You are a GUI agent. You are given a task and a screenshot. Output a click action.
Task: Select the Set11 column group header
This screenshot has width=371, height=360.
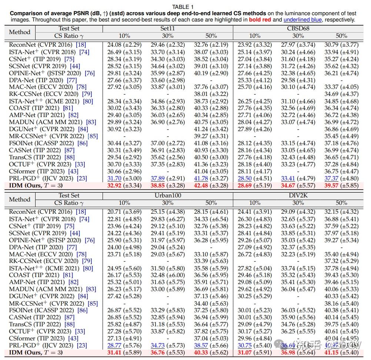[x=167, y=29]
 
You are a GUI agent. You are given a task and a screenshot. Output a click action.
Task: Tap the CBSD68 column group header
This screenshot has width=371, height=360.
[x=298, y=29]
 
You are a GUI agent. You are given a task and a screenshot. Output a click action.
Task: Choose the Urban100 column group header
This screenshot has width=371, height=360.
[x=167, y=196]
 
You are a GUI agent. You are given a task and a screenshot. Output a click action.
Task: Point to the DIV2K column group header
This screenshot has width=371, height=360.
[x=298, y=196]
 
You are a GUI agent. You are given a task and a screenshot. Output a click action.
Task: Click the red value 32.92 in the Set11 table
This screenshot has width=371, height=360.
[x=114, y=185]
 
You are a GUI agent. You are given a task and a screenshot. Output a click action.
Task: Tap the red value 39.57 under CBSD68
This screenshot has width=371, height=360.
[x=332, y=185]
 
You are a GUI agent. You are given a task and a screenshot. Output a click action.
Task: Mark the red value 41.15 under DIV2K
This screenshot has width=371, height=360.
[x=332, y=352]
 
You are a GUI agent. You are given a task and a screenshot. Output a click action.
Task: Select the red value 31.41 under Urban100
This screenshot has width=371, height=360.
[x=114, y=352]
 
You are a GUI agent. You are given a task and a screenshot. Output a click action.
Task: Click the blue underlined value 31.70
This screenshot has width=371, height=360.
[x=114, y=178]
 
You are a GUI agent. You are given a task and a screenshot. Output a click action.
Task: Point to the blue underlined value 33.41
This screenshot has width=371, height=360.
[x=288, y=178]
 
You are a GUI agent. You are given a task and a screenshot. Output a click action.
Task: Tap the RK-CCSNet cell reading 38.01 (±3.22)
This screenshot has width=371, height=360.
[x=211, y=94]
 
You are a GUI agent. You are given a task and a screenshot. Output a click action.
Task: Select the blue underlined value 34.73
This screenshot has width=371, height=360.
[x=158, y=345]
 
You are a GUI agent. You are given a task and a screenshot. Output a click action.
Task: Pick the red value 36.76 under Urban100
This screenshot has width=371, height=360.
[x=158, y=352]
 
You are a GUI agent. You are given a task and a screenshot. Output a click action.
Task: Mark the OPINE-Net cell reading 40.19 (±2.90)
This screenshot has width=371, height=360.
[x=211, y=73]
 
